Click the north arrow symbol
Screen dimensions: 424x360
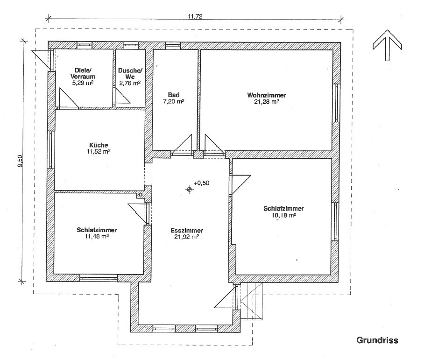click(387, 45)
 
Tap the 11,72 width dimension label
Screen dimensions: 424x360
click(195, 16)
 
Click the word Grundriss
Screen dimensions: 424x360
click(377, 340)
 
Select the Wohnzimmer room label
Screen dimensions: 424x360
click(267, 95)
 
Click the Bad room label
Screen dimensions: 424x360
click(174, 95)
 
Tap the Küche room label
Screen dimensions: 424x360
click(99, 145)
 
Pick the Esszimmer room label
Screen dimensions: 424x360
click(187, 231)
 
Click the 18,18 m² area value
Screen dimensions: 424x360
click(283, 215)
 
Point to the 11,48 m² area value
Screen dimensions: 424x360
click(97, 236)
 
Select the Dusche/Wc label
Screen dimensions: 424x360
click(130, 74)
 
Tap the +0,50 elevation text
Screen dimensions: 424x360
click(201, 183)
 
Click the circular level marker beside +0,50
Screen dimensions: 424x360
click(189, 189)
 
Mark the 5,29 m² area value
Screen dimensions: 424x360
click(83, 83)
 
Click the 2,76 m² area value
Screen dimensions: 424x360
click(130, 83)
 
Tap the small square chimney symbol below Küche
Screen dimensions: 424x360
click(141, 195)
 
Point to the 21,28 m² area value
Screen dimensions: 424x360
click(267, 102)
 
